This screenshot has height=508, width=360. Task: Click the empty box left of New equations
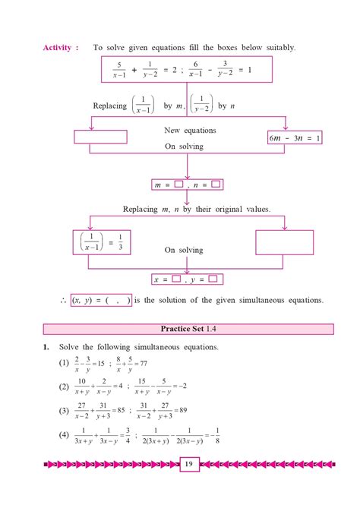99,137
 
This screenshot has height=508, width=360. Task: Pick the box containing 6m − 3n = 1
295,137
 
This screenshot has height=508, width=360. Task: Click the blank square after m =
178,184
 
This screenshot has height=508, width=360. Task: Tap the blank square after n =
216,184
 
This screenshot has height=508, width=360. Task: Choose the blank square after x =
176,279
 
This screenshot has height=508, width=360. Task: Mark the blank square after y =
213,279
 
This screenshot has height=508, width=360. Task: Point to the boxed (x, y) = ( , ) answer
101,300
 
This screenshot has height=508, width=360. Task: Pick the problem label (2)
63,387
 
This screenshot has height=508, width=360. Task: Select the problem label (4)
63,436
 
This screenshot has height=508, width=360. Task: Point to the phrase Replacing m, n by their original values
197,209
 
